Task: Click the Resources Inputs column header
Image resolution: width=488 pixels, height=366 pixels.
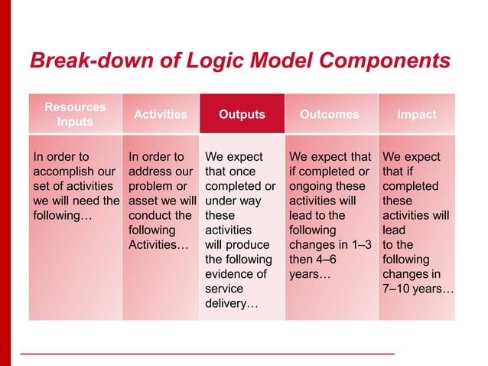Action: pyautogui.click(x=75, y=114)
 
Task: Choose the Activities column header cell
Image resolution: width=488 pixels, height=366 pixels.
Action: pyautogui.click(x=161, y=114)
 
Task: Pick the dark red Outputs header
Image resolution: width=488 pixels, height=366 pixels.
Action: pyautogui.click(x=242, y=114)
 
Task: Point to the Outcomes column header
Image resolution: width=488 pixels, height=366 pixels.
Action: pyautogui.click(x=330, y=114)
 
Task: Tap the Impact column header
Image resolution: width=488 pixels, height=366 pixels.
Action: pyautogui.click(x=417, y=114)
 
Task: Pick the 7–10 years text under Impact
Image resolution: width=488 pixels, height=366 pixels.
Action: pyautogui.click(x=418, y=289)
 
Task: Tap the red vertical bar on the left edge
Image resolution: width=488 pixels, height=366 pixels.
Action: pyautogui.click(x=5, y=183)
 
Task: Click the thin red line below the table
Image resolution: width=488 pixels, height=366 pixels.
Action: pyautogui.click(x=207, y=354)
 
